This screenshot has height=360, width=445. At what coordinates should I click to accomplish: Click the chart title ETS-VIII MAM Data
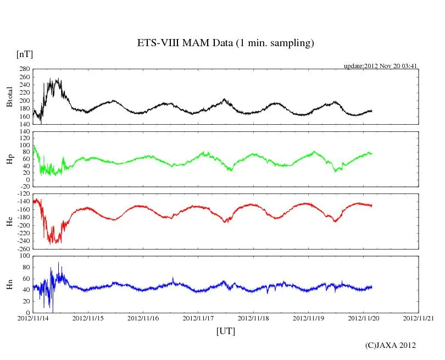coord(225,43)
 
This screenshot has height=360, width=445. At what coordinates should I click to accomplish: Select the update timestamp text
coord(381,66)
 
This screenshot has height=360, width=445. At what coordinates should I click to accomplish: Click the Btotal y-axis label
coord(9,97)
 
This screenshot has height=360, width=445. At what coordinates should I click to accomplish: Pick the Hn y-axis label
coord(9,284)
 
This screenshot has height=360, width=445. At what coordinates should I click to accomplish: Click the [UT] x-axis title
coord(225,331)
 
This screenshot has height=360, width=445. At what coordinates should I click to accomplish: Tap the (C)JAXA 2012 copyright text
coord(391,345)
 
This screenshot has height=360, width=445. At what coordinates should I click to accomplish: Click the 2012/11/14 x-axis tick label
coord(33,318)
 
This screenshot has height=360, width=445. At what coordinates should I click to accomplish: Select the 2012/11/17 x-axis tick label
coord(198,318)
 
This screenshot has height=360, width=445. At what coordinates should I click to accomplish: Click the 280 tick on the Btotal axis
coord(24,69)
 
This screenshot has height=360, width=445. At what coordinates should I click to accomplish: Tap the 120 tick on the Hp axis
coord(24,132)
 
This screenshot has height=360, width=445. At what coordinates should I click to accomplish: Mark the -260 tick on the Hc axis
coord(23,248)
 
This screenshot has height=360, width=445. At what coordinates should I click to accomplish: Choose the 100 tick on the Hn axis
coord(24,256)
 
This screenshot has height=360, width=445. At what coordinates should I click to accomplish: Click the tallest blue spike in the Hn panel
coord(59,263)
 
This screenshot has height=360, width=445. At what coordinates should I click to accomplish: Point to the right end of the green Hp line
coord(371,153)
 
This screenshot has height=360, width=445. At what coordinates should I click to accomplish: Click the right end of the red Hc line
coord(372,206)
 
